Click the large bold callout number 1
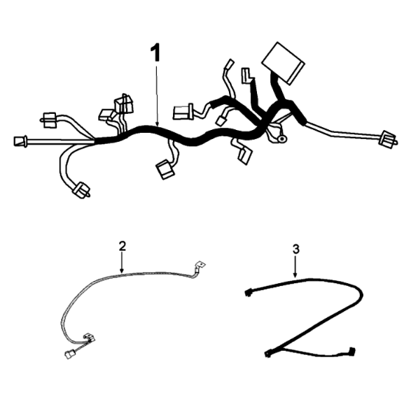point(155,52)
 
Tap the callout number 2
point(122,246)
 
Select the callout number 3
point(296,249)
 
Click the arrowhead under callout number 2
point(122,270)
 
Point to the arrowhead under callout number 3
point(295,275)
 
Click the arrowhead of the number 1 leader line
point(157,124)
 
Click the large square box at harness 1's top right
point(283,64)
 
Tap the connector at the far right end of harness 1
point(387,139)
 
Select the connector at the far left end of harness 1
point(20,141)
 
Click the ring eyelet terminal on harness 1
point(282,139)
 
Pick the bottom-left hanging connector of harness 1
point(82,190)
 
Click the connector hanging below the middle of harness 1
point(165,169)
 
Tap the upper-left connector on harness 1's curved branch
point(49,120)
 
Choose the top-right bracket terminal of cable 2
point(200,265)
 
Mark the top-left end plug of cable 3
point(248,293)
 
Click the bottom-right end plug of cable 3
point(351,351)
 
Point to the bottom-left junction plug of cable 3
point(268,353)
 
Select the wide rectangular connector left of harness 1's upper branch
point(183,113)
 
